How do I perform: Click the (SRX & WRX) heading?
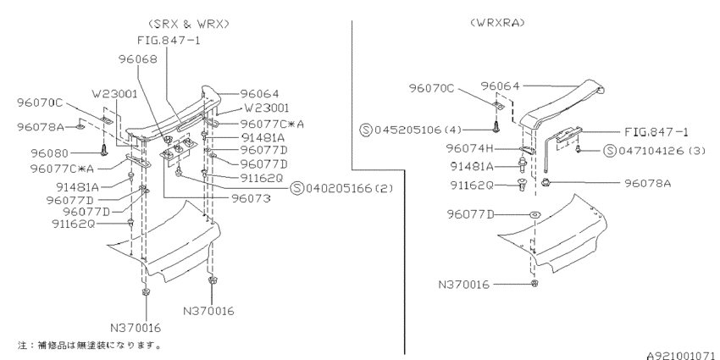189,24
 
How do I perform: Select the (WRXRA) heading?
497,23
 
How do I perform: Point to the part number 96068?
138,59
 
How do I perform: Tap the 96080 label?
50,153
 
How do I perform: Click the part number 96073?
250,198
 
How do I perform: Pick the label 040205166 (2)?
350,188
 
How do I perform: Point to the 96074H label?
468,149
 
